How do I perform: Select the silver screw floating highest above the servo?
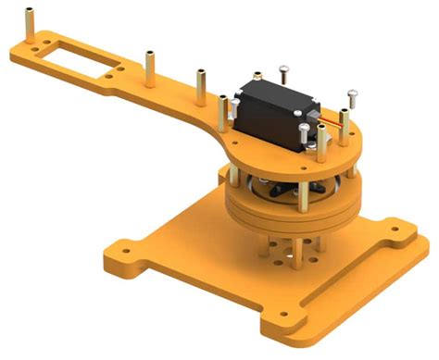[283, 70]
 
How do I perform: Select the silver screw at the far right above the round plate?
[352, 96]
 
